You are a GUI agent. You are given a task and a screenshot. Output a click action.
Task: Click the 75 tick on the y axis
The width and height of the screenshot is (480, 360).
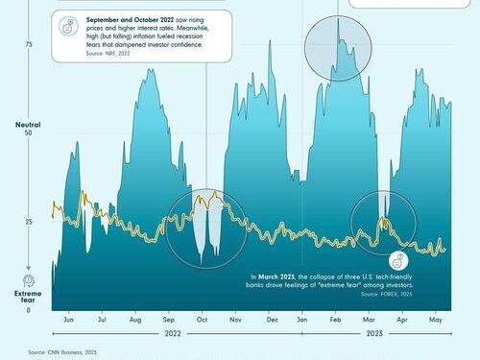point(29,45)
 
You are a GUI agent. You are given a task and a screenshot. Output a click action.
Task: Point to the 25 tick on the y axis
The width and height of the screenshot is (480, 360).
point(29,222)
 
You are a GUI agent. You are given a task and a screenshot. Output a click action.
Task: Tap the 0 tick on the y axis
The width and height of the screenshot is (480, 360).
point(29,310)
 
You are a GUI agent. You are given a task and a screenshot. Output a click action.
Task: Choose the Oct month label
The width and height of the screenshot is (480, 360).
point(202,319)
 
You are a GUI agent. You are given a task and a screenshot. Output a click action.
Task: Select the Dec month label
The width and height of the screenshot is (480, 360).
point(272,319)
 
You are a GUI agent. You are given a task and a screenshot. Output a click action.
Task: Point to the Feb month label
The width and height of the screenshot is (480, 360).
point(337,319)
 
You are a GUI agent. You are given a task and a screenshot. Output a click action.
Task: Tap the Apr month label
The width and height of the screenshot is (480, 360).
point(402,319)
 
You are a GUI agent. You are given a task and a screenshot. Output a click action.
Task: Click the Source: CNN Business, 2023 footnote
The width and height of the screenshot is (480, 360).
point(63,352)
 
